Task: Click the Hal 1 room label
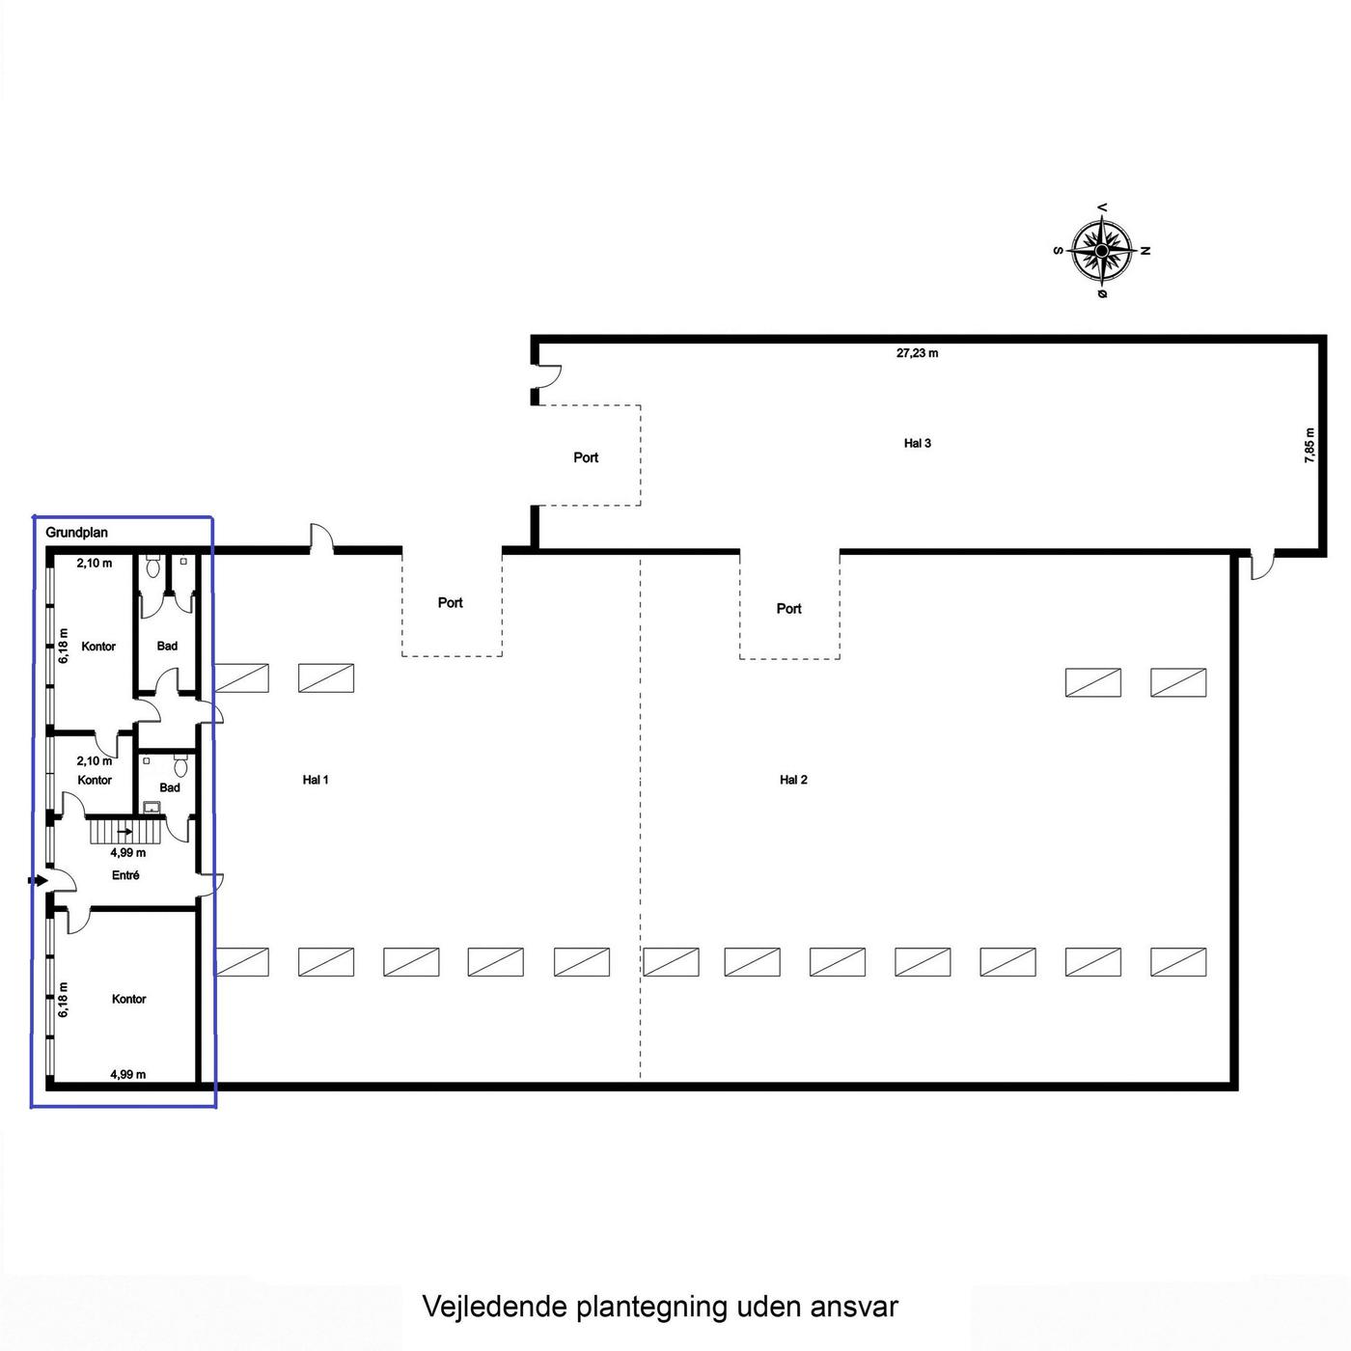click(x=316, y=780)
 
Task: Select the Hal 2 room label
click(x=793, y=780)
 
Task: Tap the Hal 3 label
click(x=917, y=443)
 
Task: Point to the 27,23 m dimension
click(x=917, y=353)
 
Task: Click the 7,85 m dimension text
click(x=1310, y=445)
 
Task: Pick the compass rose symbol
click(x=1101, y=250)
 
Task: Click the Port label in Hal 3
click(x=586, y=457)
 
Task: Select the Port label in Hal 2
click(x=788, y=609)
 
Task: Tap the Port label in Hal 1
click(x=450, y=602)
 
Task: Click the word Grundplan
click(x=77, y=532)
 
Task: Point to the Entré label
click(x=125, y=875)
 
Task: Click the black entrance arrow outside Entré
click(x=38, y=880)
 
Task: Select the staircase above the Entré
click(x=126, y=832)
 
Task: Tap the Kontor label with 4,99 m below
click(x=129, y=999)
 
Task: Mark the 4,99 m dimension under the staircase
click(x=128, y=852)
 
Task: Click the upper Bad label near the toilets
click(x=167, y=646)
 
